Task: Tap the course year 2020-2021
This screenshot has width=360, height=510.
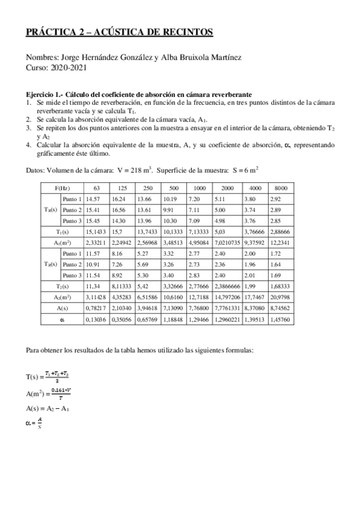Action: (x=70, y=67)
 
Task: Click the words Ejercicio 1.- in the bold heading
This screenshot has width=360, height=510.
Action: (x=44, y=95)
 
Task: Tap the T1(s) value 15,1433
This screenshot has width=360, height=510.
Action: (x=98, y=231)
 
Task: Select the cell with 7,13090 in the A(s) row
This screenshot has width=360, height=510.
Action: (x=174, y=308)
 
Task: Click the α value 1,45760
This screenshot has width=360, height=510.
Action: (x=281, y=319)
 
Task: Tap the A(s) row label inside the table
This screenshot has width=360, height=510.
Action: (x=63, y=308)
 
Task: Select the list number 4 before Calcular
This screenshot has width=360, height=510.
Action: (x=29, y=145)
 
